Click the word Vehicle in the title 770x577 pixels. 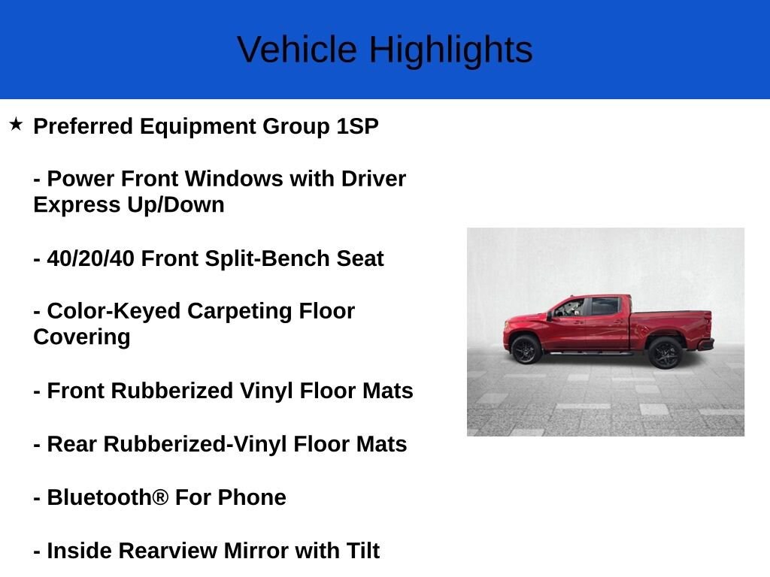(297, 50)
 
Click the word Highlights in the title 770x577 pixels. (451, 51)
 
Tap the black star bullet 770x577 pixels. (16, 124)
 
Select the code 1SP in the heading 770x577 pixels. (357, 126)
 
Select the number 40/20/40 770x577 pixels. (91, 258)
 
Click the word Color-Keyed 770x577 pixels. (114, 312)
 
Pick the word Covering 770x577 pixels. (82, 338)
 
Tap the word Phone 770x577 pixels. (252, 497)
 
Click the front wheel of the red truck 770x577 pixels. (526, 349)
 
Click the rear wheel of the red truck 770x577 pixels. (665, 353)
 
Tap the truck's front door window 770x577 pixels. (570, 307)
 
